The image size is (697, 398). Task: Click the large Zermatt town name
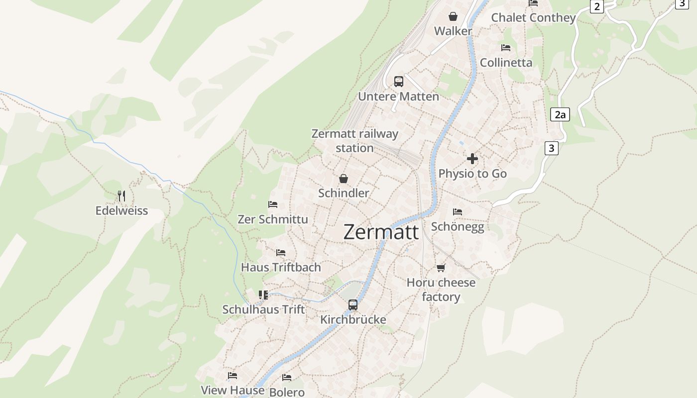381,232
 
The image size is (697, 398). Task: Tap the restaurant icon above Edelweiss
121,196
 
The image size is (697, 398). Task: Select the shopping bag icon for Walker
453,16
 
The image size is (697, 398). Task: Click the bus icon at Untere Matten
398,82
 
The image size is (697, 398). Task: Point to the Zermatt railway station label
354,141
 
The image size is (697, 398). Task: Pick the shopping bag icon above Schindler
343,179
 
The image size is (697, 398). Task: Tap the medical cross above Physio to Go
472,159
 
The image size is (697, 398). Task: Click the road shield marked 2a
560,115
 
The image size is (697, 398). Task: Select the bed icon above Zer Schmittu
272,204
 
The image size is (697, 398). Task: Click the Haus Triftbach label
281,267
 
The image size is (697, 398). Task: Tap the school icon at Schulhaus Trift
263,295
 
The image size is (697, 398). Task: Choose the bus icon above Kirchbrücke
353,304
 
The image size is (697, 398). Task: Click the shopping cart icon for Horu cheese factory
441,268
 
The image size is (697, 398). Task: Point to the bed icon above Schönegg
458,212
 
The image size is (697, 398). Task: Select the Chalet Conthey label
533,18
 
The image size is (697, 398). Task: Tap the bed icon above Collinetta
506,48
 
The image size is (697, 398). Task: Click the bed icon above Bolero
286,378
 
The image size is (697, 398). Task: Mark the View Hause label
232,390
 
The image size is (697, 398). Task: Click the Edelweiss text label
121,210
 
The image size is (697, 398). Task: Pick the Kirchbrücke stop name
353,319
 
